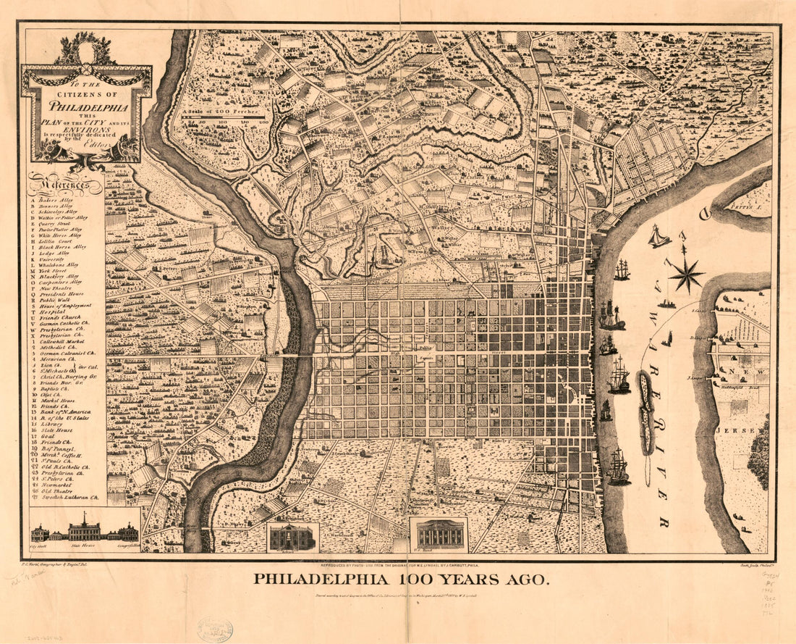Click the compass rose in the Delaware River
pos(685,275)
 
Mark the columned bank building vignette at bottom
pos(439,535)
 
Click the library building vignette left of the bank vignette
pos(292,537)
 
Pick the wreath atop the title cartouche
pos(86,51)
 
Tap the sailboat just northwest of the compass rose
pos(658,237)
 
